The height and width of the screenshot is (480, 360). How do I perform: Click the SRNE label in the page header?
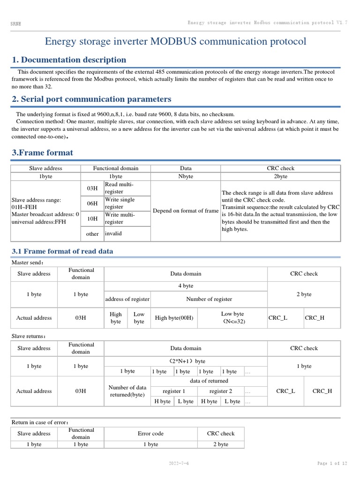click(x=15, y=23)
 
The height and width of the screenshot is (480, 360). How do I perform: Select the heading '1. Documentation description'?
click(x=68, y=60)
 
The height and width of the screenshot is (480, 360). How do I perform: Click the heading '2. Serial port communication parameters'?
click(x=91, y=99)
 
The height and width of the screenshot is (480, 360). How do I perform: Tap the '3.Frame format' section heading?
click(x=42, y=153)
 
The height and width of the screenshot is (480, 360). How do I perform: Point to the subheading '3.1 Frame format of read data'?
click(x=62, y=251)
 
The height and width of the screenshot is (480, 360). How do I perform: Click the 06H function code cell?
click(x=92, y=203)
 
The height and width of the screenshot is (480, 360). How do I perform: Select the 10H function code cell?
click(x=92, y=218)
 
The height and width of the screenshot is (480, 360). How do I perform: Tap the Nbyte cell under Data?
click(x=186, y=176)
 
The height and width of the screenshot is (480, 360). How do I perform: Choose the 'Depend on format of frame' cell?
click(x=186, y=211)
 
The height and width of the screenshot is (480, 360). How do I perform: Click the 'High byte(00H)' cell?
click(x=174, y=318)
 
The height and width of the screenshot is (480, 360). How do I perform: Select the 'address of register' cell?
click(x=127, y=299)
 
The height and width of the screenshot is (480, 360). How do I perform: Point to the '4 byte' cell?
click(x=186, y=285)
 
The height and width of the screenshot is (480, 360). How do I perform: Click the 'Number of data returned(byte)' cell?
click(x=127, y=391)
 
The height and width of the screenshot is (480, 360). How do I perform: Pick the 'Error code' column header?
click(x=150, y=434)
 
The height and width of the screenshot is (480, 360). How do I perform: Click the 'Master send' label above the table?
click(x=27, y=262)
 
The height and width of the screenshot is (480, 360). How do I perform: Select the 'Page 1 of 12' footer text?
click(x=332, y=464)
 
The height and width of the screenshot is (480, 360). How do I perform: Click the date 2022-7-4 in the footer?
click(x=179, y=464)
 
